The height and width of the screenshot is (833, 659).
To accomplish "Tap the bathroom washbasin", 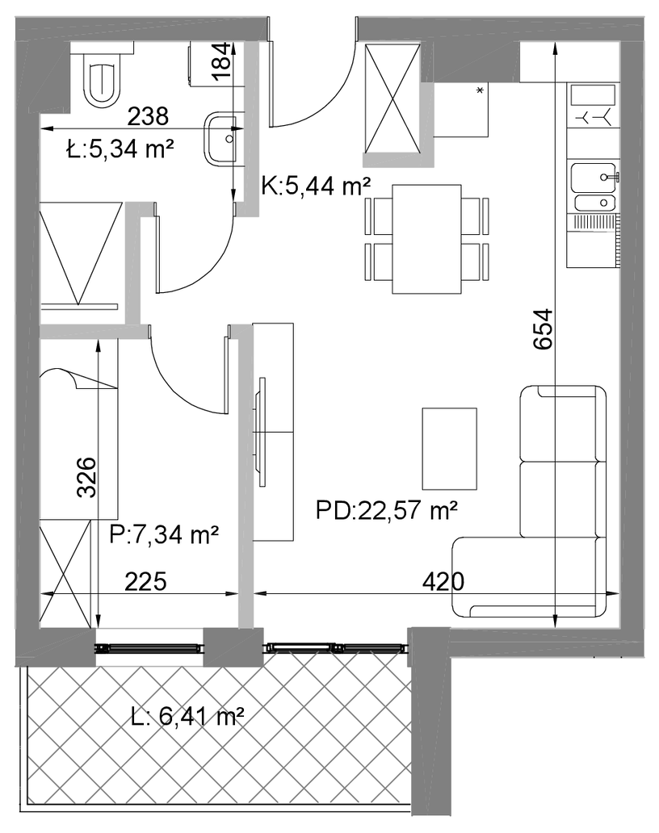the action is pyautogui.click(x=221, y=138).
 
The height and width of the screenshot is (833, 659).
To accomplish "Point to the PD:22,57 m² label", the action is pyautogui.click(x=386, y=510).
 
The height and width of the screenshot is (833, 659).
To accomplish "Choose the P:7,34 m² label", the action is pyautogui.click(x=164, y=534).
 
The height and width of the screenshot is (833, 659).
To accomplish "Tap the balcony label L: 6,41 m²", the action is pyautogui.click(x=187, y=718).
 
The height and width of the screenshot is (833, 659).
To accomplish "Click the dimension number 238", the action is pyautogui.click(x=149, y=115).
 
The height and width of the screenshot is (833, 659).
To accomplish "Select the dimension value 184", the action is pyautogui.click(x=222, y=61).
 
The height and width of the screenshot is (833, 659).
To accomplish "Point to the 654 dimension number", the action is pyautogui.click(x=544, y=329).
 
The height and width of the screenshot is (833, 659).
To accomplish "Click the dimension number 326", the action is pyautogui.click(x=86, y=477).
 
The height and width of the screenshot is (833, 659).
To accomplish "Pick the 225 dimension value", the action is pyautogui.click(x=145, y=582).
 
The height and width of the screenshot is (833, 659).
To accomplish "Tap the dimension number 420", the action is pyautogui.click(x=443, y=582).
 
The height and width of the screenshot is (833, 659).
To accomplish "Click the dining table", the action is pyautogui.click(x=426, y=239).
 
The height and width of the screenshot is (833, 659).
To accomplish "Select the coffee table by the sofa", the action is pyautogui.click(x=449, y=449).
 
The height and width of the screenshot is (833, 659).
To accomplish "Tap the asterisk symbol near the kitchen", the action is pyautogui.click(x=480, y=90).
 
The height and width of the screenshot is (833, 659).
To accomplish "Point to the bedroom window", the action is pyautogui.click(x=149, y=647).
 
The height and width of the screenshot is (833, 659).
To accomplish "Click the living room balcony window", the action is pyautogui.click(x=337, y=647).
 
